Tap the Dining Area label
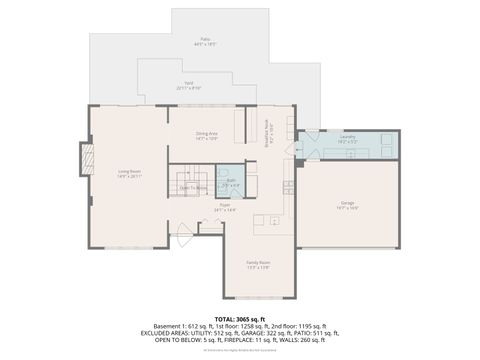[207, 135]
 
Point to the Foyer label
[225, 208]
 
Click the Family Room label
[258, 264]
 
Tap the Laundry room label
[347, 141]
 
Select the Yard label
[189, 87]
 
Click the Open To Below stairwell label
[193, 187]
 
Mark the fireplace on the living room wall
[86, 158]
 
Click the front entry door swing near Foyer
[184, 237]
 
